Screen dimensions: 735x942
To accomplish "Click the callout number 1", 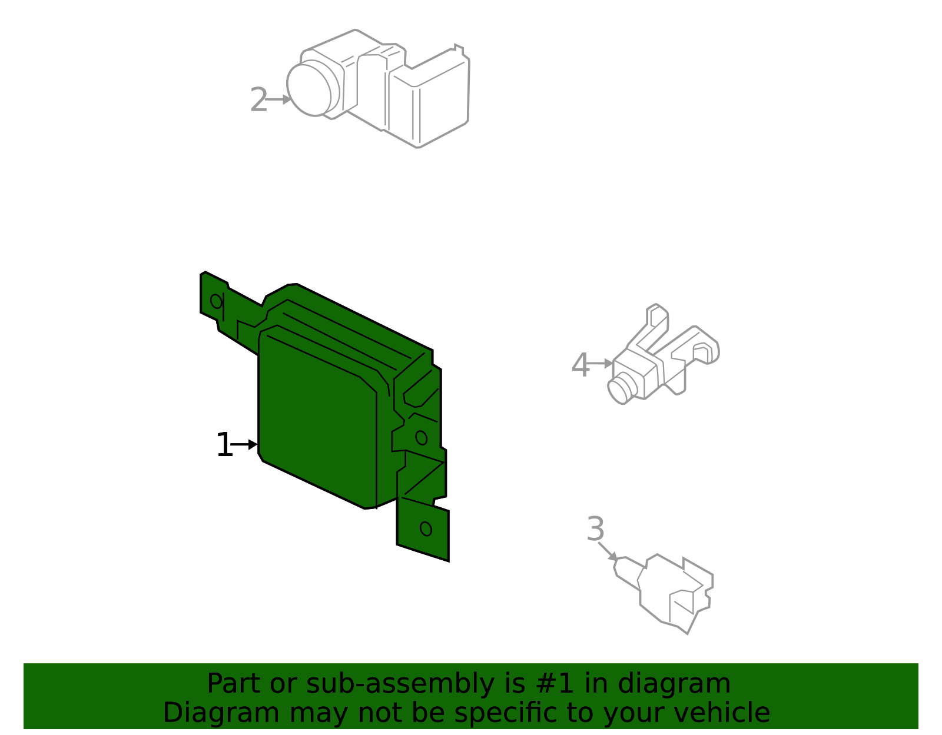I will click(x=224, y=445).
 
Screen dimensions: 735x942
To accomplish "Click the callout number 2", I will click(x=258, y=100).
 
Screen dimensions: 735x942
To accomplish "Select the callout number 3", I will click(x=595, y=530).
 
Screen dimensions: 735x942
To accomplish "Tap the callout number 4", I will click(x=580, y=365).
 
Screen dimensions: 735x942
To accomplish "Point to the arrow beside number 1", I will click(x=245, y=444).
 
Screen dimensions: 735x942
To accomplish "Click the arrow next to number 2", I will click(x=278, y=99).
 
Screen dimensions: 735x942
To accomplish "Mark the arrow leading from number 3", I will click(x=609, y=552).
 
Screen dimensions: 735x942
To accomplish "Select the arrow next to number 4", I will click(x=601, y=364).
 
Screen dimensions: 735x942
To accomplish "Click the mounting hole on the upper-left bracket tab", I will click(x=216, y=301).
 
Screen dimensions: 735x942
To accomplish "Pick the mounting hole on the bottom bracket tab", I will click(x=426, y=528).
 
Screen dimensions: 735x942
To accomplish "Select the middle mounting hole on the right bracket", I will click(x=421, y=437).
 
